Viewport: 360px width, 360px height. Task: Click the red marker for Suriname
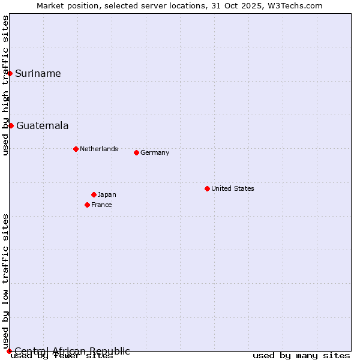(10, 73)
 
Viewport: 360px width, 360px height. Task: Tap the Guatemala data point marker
(11, 125)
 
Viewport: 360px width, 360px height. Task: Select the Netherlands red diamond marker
(76, 149)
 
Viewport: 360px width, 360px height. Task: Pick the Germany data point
(136, 152)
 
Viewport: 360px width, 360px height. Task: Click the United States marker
(207, 188)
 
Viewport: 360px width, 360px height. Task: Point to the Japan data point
(94, 194)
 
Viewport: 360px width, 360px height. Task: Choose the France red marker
(87, 205)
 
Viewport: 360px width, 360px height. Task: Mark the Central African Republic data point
(9, 351)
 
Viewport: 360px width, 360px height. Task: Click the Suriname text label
(38, 74)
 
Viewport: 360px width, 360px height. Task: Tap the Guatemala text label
(42, 126)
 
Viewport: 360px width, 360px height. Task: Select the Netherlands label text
(98, 149)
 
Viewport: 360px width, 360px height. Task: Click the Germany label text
(155, 152)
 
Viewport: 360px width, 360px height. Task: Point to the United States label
(232, 188)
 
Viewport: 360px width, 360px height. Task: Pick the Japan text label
(107, 194)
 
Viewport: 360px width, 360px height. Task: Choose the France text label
(101, 205)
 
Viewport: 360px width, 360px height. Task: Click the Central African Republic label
(72, 351)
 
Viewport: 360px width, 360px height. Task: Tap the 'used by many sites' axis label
(301, 356)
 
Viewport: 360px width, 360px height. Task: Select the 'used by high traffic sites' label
(5, 86)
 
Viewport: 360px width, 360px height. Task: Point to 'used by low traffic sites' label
(5, 281)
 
